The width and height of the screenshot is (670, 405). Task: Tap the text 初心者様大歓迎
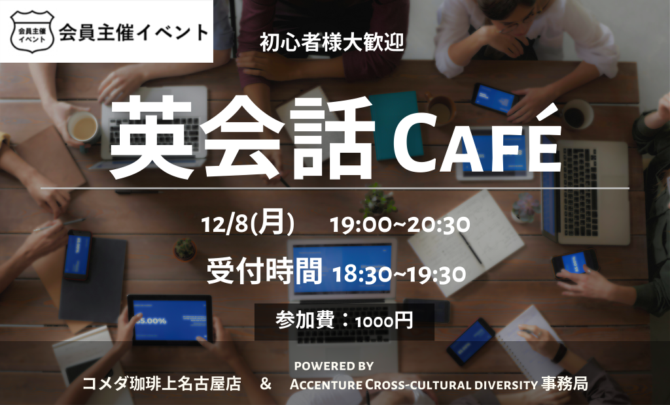coord(332,43)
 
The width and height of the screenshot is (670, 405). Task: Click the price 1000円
coord(383,321)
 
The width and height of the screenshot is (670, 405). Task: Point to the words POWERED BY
coord(334,366)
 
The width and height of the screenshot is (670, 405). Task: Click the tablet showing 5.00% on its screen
coord(170,319)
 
